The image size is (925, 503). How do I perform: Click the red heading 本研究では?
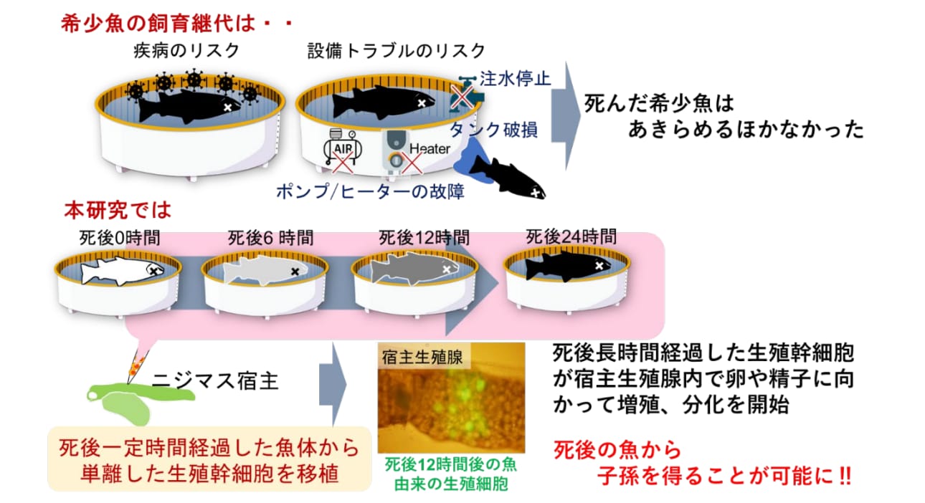(118, 210)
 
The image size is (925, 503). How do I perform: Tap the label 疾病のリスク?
(186, 51)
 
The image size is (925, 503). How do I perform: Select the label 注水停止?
(515, 78)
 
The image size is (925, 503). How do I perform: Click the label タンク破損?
(494, 130)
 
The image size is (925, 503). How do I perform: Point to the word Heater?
(430, 148)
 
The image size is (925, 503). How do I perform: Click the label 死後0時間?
(120, 238)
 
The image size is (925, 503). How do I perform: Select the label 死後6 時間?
(271, 238)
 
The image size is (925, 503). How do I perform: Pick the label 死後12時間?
(424, 238)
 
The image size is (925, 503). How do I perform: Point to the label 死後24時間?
(571, 237)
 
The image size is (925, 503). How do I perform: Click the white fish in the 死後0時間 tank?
(122, 270)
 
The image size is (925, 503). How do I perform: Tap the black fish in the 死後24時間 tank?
(568, 266)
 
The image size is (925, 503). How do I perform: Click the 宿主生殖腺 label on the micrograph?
(422, 358)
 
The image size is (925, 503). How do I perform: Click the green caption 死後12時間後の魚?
(450, 464)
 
